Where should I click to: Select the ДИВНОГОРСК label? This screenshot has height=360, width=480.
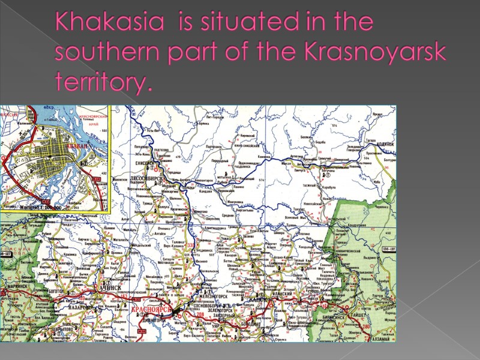coord(155,321)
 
